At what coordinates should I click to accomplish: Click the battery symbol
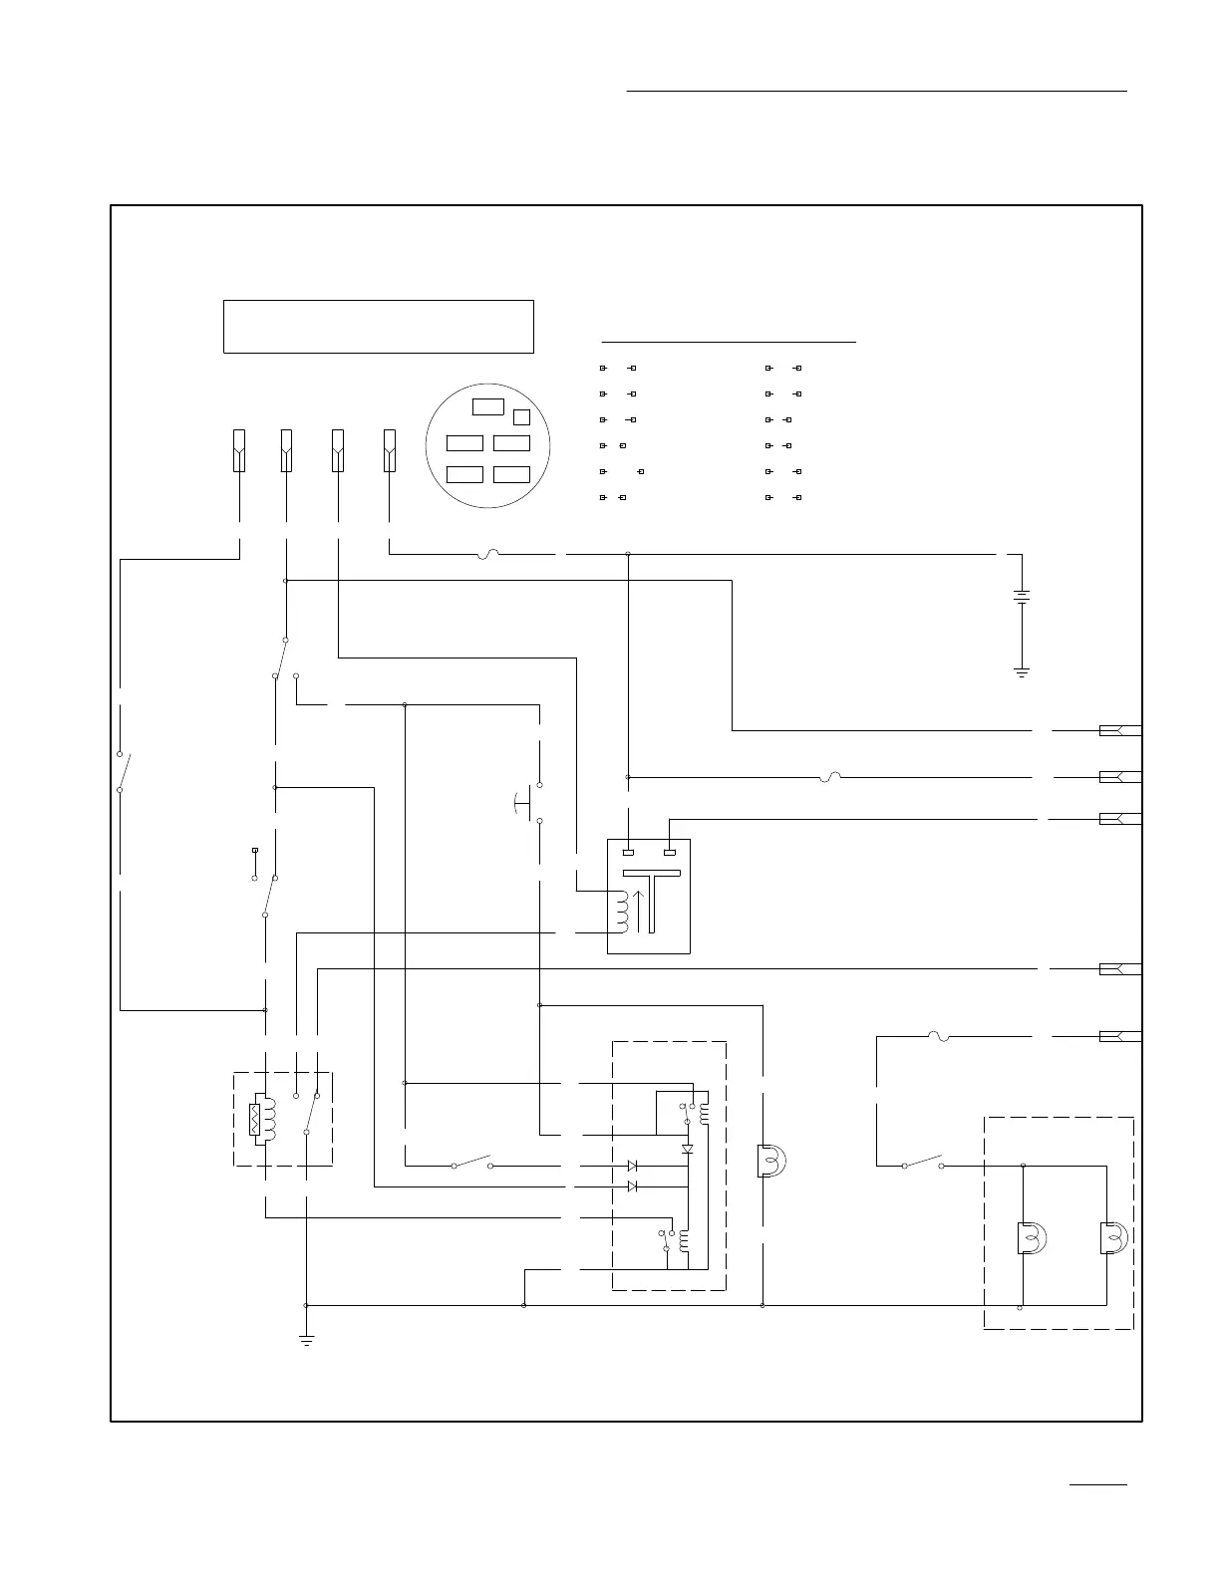(x=1022, y=597)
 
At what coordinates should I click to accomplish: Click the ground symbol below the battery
(x=1022, y=672)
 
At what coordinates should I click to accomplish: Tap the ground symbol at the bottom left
(x=306, y=1340)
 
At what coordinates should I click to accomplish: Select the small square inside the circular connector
(x=521, y=416)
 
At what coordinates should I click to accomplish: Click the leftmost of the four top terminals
(x=239, y=450)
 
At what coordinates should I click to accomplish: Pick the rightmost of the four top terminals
(x=389, y=450)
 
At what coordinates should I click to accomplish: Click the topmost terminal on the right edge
(x=1118, y=730)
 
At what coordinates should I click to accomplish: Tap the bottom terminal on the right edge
(x=1118, y=1036)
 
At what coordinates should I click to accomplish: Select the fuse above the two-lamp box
(x=936, y=1037)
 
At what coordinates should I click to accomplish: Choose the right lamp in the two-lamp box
(x=1111, y=1238)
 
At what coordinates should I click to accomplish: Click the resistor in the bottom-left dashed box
(x=255, y=1119)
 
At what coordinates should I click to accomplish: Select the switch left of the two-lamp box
(x=923, y=1162)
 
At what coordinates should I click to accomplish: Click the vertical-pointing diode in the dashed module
(x=687, y=1149)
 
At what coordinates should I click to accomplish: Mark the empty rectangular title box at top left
(x=378, y=326)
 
